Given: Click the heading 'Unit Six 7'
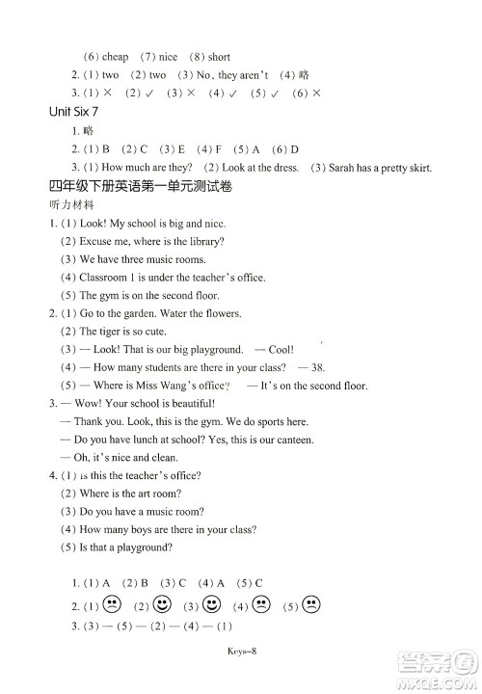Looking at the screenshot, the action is [73, 112].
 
